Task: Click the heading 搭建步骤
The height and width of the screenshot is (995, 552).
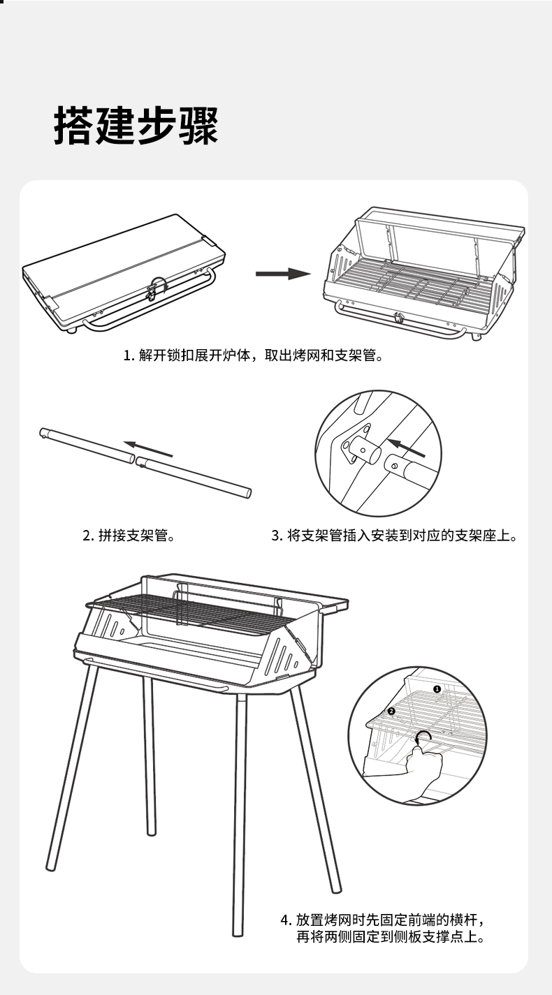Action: [x=136, y=126]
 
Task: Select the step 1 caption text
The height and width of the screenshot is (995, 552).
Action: [x=254, y=356]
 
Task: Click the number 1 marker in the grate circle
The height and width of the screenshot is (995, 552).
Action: [x=437, y=689]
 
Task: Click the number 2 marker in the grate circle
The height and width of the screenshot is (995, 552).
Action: [x=391, y=711]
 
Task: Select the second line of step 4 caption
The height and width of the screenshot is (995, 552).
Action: [x=390, y=937]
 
